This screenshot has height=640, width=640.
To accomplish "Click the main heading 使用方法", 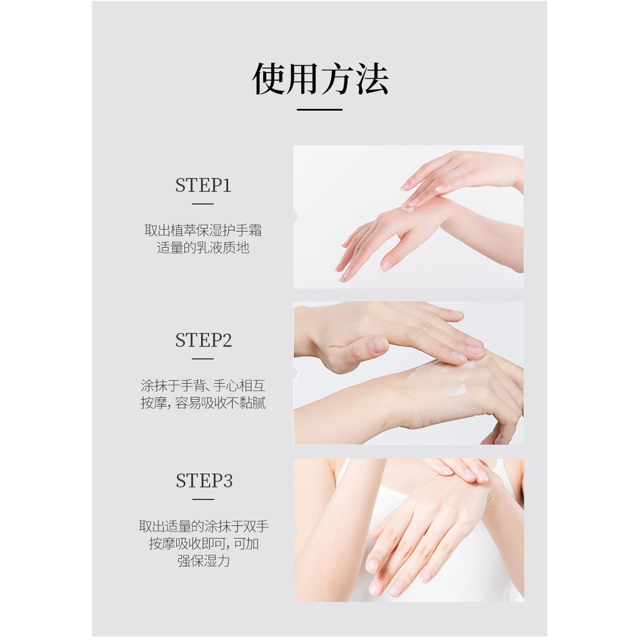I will coord(320,79).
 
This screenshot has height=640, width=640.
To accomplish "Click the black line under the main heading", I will coord(319,109).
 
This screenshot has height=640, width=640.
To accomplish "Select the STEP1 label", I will coord(203,186).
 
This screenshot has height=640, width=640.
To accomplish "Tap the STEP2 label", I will coord(203,341).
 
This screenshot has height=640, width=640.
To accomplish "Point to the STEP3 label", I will coord(204,481).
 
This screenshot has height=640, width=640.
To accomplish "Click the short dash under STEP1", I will coord(202,204).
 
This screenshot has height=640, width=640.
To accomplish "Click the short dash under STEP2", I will coord(202,359).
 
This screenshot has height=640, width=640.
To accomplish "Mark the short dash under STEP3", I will coord(203,499).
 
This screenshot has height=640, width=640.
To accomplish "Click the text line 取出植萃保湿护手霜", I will coord(203,231).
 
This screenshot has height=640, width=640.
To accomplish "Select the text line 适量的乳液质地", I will coord(203,248).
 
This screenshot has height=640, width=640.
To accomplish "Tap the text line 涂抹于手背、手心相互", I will coord(203,386).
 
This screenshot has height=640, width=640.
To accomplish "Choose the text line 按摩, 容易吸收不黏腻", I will coord(203,403).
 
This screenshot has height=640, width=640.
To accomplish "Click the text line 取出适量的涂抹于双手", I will coord(204,526).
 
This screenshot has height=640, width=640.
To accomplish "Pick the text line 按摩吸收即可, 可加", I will coord(204,544).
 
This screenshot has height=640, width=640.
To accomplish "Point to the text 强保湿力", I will coord(204,561).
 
